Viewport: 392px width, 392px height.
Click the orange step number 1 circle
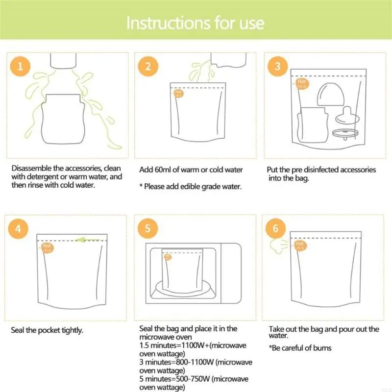pos(20,67)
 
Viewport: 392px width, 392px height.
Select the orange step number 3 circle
pos(278,67)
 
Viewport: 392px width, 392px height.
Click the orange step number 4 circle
pos(20,228)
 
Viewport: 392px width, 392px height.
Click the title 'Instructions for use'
pos(196,23)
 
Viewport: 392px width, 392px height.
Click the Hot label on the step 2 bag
pos(178,92)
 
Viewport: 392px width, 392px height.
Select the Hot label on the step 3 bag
pos(302,83)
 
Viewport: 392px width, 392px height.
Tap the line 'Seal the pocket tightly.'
pos(47,330)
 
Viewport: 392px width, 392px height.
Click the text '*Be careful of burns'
pos(300,348)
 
